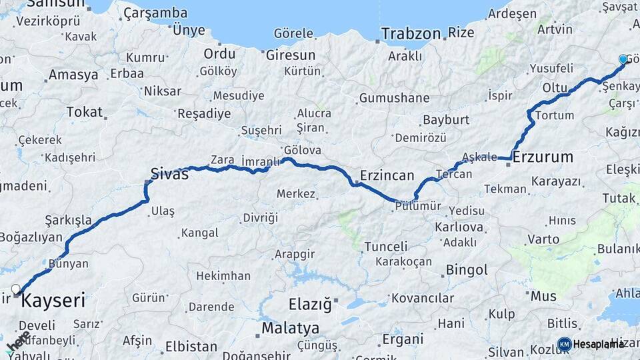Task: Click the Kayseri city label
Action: click(x=53, y=301)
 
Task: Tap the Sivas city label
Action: click(x=169, y=175)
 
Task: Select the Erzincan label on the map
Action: click(x=387, y=175)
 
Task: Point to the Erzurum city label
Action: click(x=543, y=157)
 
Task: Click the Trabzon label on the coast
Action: click(x=411, y=33)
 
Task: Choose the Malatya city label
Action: click(x=290, y=328)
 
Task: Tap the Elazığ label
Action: click(x=310, y=305)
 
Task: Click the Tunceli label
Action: click(x=386, y=247)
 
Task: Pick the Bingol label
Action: click(x=467, y=270)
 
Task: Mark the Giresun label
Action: click(x=291, y=55)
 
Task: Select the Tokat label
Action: click(x=84, y=112)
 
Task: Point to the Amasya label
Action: click(x=73, y=75)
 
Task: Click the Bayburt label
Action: click(x=446, y=120)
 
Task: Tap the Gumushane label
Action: click(x=394, y=98)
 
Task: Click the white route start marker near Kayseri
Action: click(x=16, y=289)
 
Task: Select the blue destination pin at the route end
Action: click(x=623, y=59)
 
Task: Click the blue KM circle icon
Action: click(x=564, y=344)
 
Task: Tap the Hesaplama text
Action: click(x=599, y=344)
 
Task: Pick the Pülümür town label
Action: click(x=419, y=206)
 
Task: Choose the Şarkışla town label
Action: click(x=68, y=219)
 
